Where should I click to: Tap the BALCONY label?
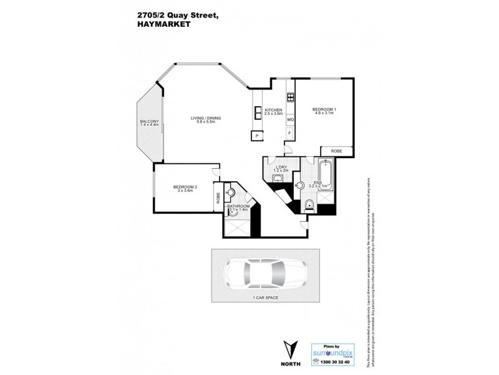150,121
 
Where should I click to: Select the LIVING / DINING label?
206,118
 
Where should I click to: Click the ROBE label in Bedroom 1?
336,151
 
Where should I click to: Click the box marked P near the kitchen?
256,136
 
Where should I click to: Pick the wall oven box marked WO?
290,119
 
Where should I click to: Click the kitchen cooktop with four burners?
290,97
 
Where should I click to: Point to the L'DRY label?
281,167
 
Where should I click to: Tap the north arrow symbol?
287,349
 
